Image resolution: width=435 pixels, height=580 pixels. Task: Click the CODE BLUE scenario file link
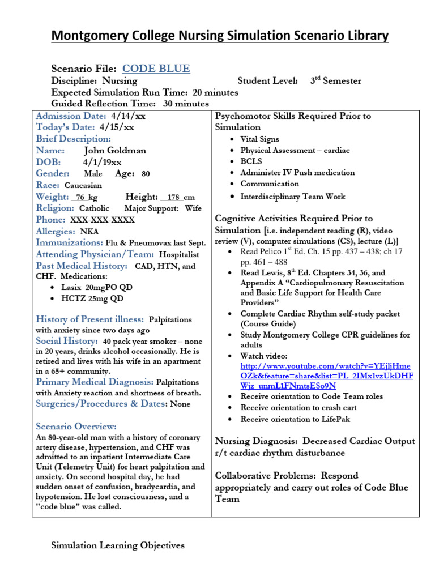(x=156, y=69)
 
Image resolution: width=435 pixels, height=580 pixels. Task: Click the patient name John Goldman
(x=114, y=151)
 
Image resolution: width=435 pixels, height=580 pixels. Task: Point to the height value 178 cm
(x=177, y=197)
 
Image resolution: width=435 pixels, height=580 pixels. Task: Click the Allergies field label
(x=56, y=231)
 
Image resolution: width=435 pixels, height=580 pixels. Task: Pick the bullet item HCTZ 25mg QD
(x=97, y=298)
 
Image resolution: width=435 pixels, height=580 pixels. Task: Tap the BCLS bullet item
(x=250, y=161)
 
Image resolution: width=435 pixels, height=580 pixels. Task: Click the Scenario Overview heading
(x=76, y=426)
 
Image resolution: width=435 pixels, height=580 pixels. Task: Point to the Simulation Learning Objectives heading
(x=118, y=545)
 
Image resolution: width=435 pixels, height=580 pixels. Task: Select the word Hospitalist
(x=178, y=254)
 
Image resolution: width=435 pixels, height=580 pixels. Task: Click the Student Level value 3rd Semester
(x=335, y=81)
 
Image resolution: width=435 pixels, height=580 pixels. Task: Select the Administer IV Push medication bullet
(x=297, y=173)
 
